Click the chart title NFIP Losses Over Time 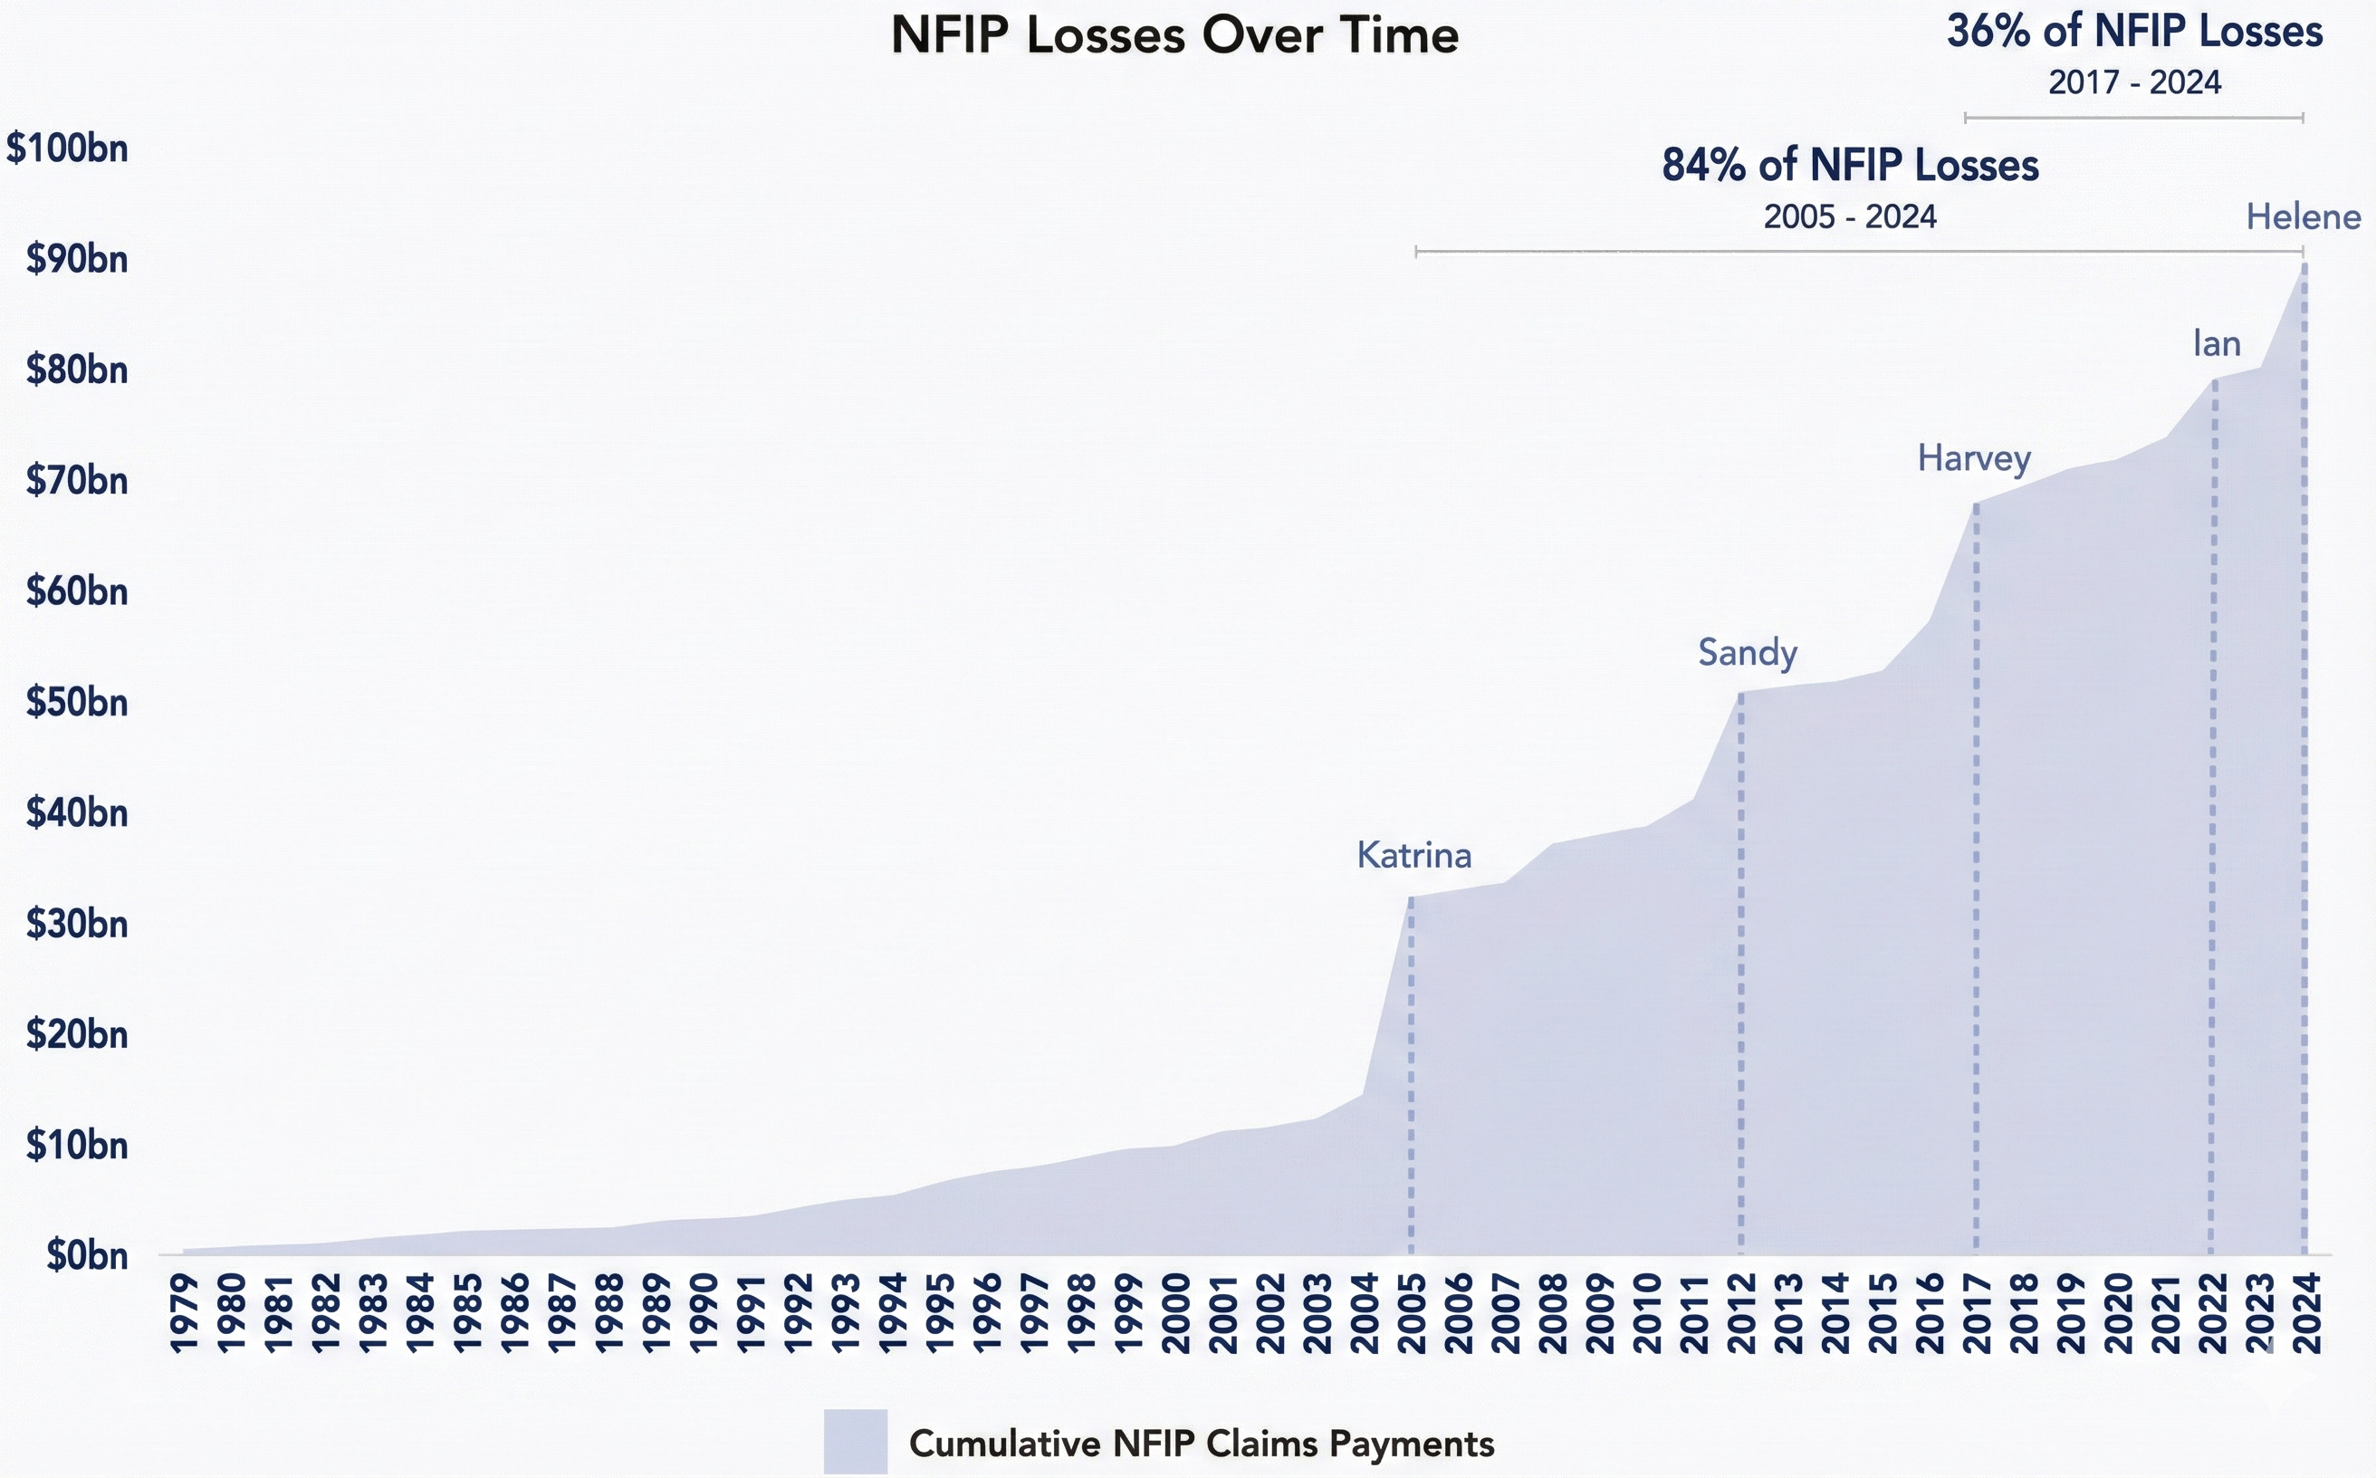[x=1174, y=36]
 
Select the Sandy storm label [x=1747, y=653]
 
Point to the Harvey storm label [x=1973, y=458]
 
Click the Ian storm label [x=2216, y=344]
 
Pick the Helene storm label [x=2302, y=217]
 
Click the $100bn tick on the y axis [x=67, y=149]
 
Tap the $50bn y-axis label [x=76, y=703]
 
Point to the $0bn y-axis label [x=86, y=1256]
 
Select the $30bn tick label [x=76, y=924]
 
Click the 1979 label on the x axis [x=184, y=1313]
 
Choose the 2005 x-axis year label [x=1412, y=1313]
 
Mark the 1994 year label [x=892, y=1313]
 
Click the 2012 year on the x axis [x=1740, y=1313]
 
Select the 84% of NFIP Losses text [x=1849, y=166]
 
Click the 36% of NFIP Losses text [x=2133, y=33]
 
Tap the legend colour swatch [x=855, y=1441]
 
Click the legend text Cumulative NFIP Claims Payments [x=1202, y=1444]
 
